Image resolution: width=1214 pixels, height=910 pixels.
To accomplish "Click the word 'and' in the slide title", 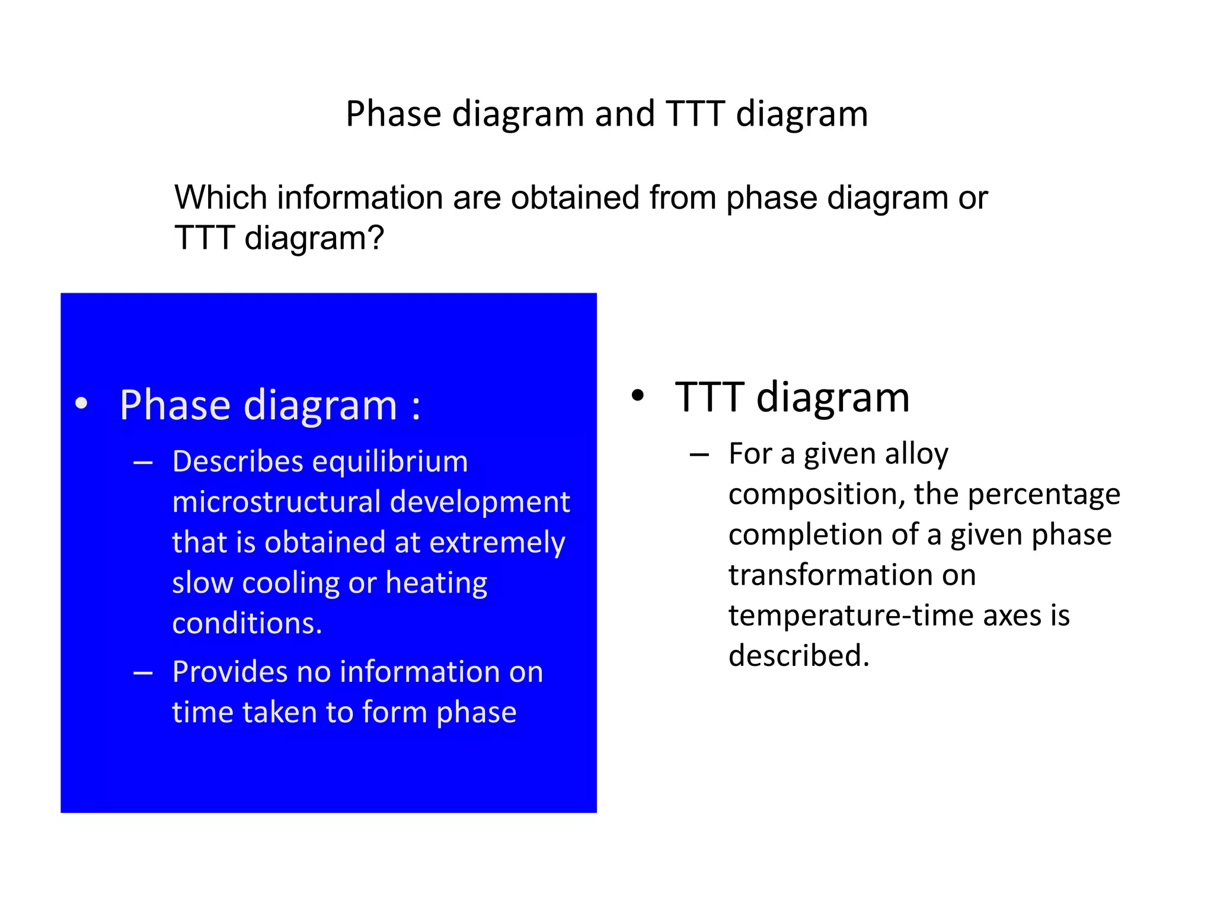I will coord(624,114).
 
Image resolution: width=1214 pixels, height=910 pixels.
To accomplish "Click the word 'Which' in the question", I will coord(220,197).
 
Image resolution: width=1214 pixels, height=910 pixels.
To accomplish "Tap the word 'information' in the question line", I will coord(359,197).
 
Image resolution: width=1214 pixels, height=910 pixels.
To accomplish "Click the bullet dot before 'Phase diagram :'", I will coord(82,404).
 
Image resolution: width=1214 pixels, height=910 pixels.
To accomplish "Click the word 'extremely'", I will coord(497,543).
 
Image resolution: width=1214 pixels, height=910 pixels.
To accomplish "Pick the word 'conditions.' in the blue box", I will coord(247,623).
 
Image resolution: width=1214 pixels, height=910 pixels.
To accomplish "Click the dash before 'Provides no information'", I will coord(143,673).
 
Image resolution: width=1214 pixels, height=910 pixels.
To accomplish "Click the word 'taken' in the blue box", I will coord(277,712).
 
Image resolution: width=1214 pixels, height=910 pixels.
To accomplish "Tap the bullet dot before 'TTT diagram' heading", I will coord(637,396).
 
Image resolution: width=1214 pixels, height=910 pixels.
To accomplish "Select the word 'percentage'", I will coord(1044,495).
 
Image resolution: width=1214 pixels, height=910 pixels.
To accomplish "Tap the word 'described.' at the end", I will coord(798,656).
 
